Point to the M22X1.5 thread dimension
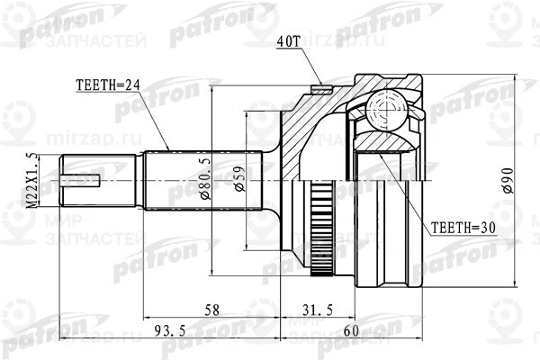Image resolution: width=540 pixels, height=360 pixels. click(x=34, y=180)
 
